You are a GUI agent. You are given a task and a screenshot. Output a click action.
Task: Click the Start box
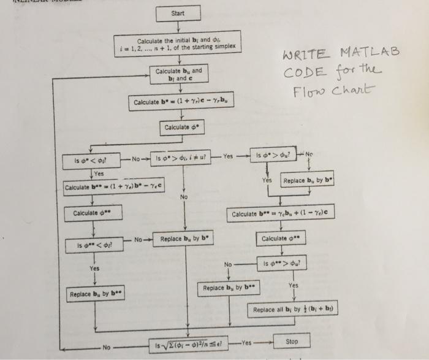pyautogui.click(x=178, y=12)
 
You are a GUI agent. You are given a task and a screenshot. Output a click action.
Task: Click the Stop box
pyautogui.click(x=292, y=340)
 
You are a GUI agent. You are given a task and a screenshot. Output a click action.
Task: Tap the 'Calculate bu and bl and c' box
pyautogui.click(x=178, y=75)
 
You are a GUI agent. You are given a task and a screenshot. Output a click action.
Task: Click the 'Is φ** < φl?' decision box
pyautogui.click(x=93, y=245)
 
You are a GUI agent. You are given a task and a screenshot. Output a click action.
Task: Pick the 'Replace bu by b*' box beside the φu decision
pyautogui.click(x=307, y=181)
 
